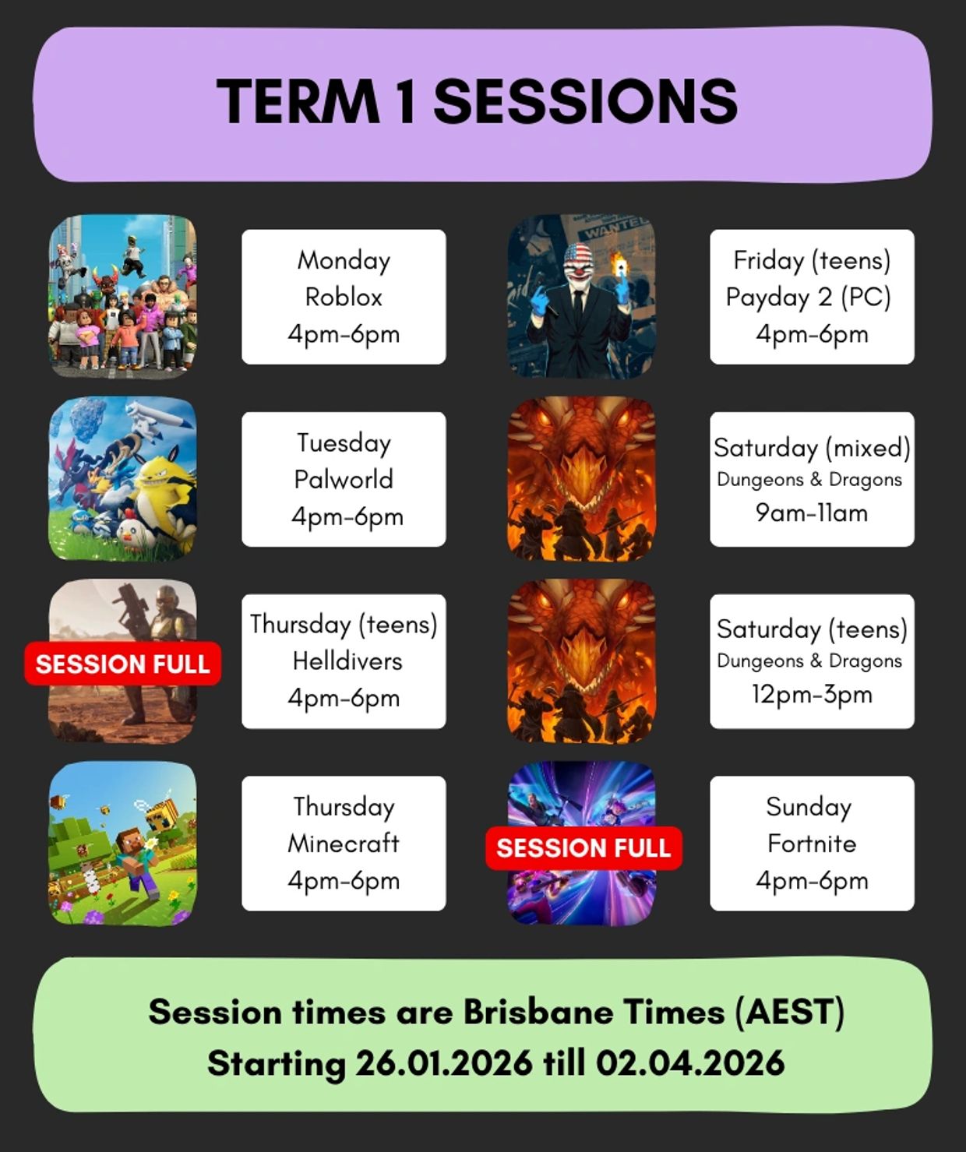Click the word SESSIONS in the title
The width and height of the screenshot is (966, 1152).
[586, 101]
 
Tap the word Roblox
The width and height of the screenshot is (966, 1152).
[344, 297]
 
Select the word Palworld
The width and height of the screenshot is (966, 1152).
[344, 479]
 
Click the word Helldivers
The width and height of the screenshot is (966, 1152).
[347, 661]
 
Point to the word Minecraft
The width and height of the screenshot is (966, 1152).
[344, 843]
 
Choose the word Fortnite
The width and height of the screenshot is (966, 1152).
[812, 843]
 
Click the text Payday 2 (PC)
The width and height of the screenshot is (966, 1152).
[809, 298]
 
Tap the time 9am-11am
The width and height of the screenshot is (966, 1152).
[812, 513]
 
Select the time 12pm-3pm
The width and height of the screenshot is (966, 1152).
[812, 694]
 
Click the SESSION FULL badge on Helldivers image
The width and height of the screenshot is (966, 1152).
[122, 663]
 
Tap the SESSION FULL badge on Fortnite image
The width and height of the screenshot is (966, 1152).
[583, 848]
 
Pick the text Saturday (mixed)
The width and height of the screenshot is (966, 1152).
[812, 447]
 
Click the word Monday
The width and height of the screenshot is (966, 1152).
[344, 261]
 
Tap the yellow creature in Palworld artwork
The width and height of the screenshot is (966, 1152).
[166, 497]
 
